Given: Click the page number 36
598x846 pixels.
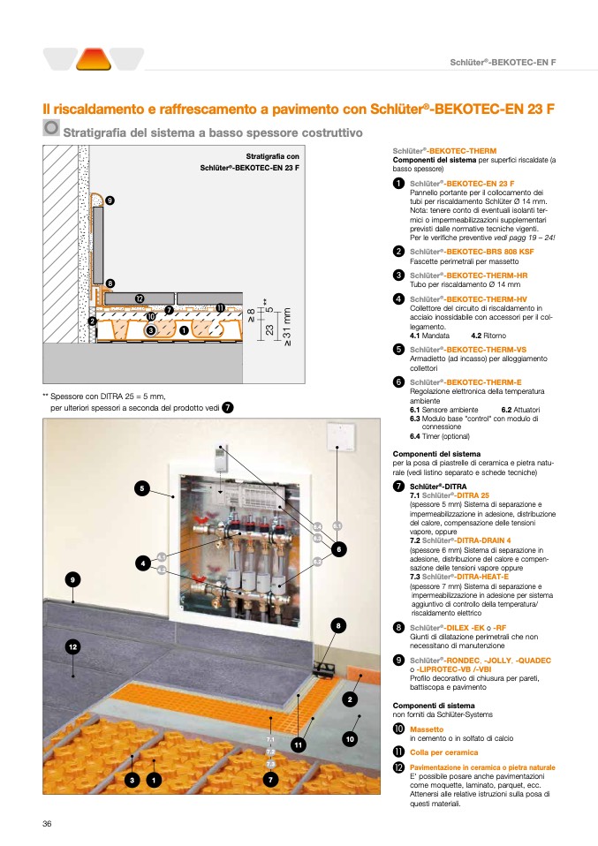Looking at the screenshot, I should coord(48,823).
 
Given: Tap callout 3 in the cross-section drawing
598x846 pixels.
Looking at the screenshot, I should coord(151,329).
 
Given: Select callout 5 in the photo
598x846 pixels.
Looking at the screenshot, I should coord(140,487).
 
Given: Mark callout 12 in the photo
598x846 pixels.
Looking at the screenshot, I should coord(73,647).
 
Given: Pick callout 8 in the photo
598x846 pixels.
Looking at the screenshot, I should coord(337,626).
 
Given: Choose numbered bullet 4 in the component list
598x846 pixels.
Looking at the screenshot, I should coord(399,299).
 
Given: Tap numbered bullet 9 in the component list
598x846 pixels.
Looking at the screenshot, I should coord(399,660).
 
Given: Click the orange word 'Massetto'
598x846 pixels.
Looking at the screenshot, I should coord(427,729).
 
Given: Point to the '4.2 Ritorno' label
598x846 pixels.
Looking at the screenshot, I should coord(488,336).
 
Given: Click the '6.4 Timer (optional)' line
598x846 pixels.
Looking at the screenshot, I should coord(440,436).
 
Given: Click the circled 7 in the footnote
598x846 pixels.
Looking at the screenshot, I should coord(228,407).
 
